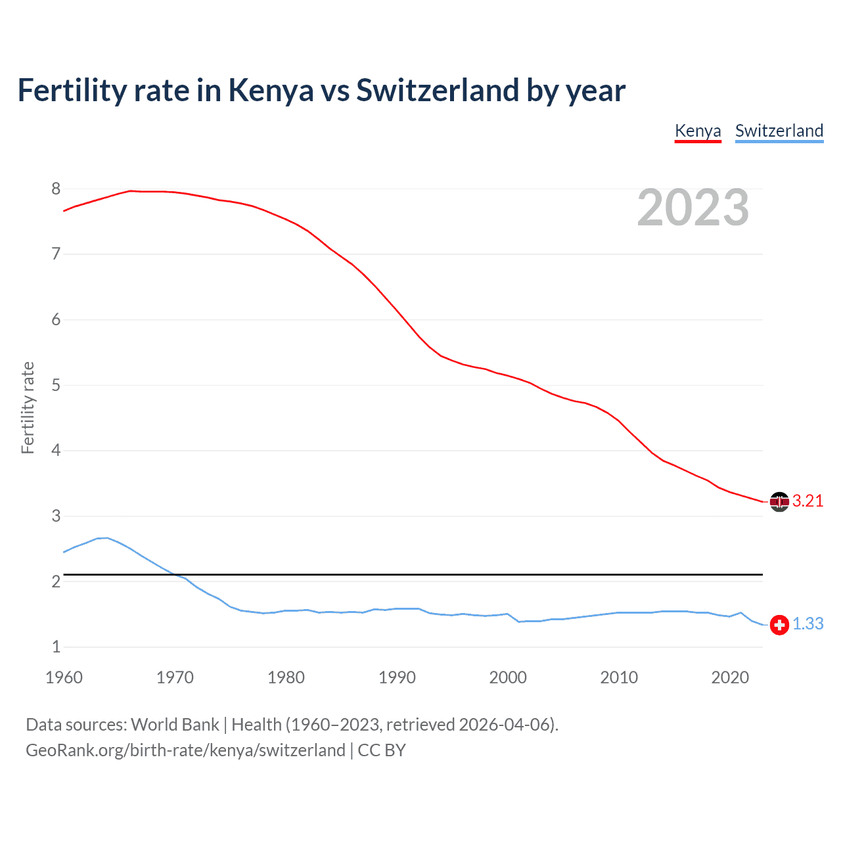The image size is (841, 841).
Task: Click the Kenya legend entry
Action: click(x=698, y=131)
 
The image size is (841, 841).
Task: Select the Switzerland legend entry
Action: click(x=779, y=131)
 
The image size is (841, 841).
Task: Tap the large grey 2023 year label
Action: click(x=693, y=208)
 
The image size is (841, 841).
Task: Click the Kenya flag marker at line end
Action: click(x=779, y=502)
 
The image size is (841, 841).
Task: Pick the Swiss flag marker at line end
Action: click(x=779, y=625)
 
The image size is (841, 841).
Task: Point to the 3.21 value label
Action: click(x=807, y=501)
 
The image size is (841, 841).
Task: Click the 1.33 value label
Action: click(x=807, y=624)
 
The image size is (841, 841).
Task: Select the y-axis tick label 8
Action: click(x=56, y=189)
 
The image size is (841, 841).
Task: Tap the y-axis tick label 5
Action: click(x=56, y=385)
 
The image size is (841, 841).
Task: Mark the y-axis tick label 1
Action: click(x=56, y=647)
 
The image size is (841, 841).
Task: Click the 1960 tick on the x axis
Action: click(x=64, y=677)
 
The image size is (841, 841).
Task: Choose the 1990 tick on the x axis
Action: click(x=397, y=677)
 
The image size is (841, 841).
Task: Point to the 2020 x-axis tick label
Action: click(x=730, y=677)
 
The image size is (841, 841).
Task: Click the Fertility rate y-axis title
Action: click(x=28, y=407)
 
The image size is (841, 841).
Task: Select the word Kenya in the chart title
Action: click(x=271, y=91)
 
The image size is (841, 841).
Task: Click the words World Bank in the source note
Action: click(x=175, y=725)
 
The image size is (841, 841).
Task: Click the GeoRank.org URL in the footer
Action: click(x=185, y=750)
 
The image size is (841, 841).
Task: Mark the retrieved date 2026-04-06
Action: click(x=504, y=725)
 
